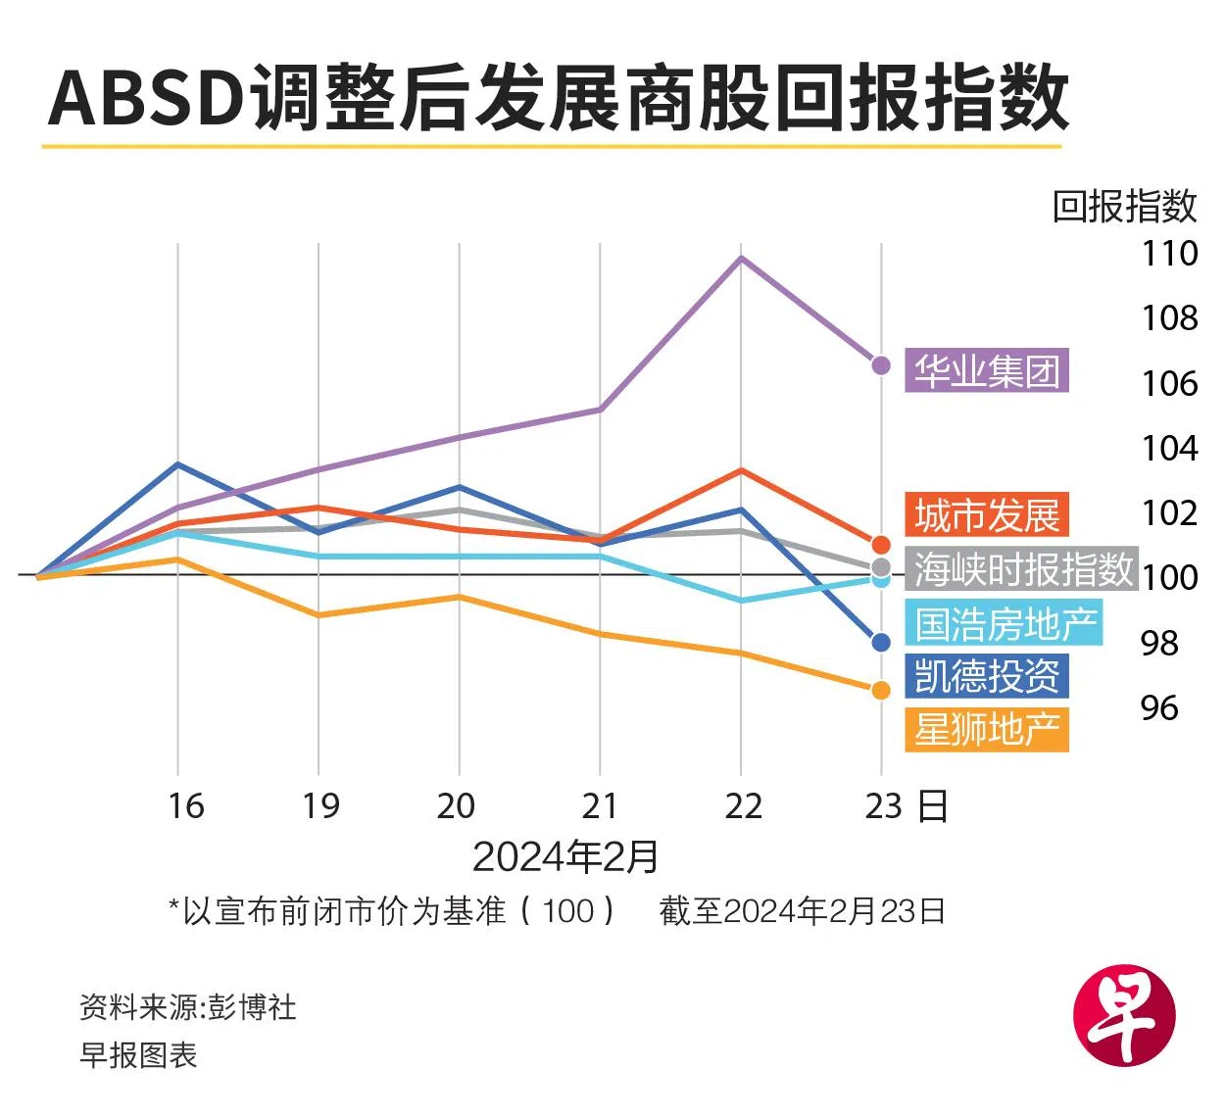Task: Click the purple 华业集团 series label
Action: coord(986,371)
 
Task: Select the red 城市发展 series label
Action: coord(986,515)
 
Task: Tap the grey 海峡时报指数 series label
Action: coord(1022,568)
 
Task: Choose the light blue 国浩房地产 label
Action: coord(1005,623)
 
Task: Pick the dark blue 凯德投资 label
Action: coord(986,676)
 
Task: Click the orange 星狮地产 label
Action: coord(986,730)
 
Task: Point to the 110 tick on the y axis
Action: coord(1169,254)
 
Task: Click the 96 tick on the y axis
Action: coord(1159,707)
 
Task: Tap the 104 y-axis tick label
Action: coord(1169,448)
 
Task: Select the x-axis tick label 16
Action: coord(185,805)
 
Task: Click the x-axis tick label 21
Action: coord(600,805)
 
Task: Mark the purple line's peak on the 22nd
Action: coord(741,258)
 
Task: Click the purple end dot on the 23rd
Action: coord(881,365)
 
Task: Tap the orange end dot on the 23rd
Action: coord(881,691)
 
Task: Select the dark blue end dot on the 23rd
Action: coord(881,643)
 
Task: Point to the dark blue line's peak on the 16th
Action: coord(178,463)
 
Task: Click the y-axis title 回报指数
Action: coord(1124,206)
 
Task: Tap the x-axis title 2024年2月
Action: coord(565,857)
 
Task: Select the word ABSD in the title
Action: coord(147,98)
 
